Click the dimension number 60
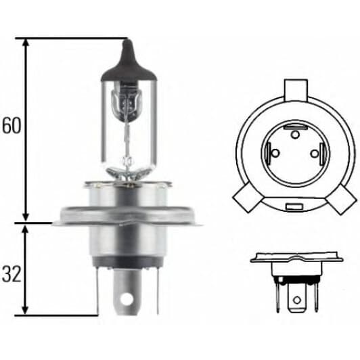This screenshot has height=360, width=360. point(11,127)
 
